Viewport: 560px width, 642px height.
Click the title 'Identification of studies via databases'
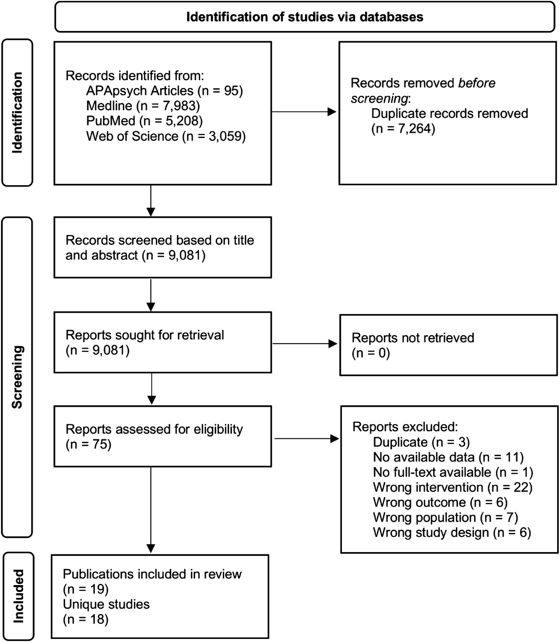pos(305,17)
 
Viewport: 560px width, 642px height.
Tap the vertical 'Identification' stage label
pos(17,113)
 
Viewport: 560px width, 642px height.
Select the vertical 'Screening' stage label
pos(17,377)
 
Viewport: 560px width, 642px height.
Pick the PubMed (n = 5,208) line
pos(144,121)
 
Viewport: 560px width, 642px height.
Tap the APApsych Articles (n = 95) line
pos(164,91)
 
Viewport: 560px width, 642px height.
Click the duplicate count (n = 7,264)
pos(403,128)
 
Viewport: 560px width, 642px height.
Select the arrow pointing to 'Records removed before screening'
pos(304,112)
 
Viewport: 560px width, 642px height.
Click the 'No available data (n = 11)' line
pos(448,457)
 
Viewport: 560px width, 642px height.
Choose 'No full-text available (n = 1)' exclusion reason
pos(453,472)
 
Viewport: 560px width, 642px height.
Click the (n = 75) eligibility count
pos(88,444)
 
